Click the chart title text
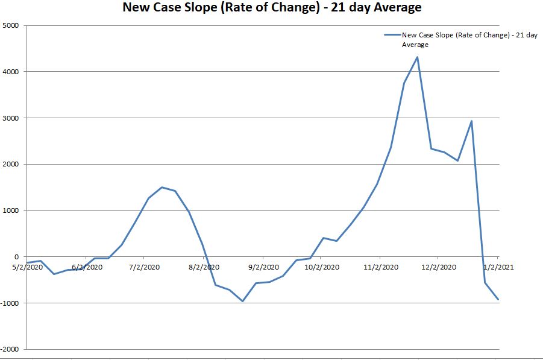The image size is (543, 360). [272, 8]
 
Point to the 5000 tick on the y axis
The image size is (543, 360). [11, 25]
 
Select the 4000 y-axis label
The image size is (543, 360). [11, 72]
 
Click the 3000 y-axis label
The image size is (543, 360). [11, 118]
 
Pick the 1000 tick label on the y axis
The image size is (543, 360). [11, 210]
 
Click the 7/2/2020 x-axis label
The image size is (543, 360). [145, 267]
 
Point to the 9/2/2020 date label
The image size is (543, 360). [263, 267]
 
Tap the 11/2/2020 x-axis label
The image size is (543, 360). [380, 267]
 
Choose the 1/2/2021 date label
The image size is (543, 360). [498, 267]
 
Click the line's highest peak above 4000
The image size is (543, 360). [417, 57]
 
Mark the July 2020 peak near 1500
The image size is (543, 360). [162, 187]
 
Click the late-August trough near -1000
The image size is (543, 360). [242, 301]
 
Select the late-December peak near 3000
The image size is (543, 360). [471, 121]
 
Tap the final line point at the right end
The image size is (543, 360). [498, 299]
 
